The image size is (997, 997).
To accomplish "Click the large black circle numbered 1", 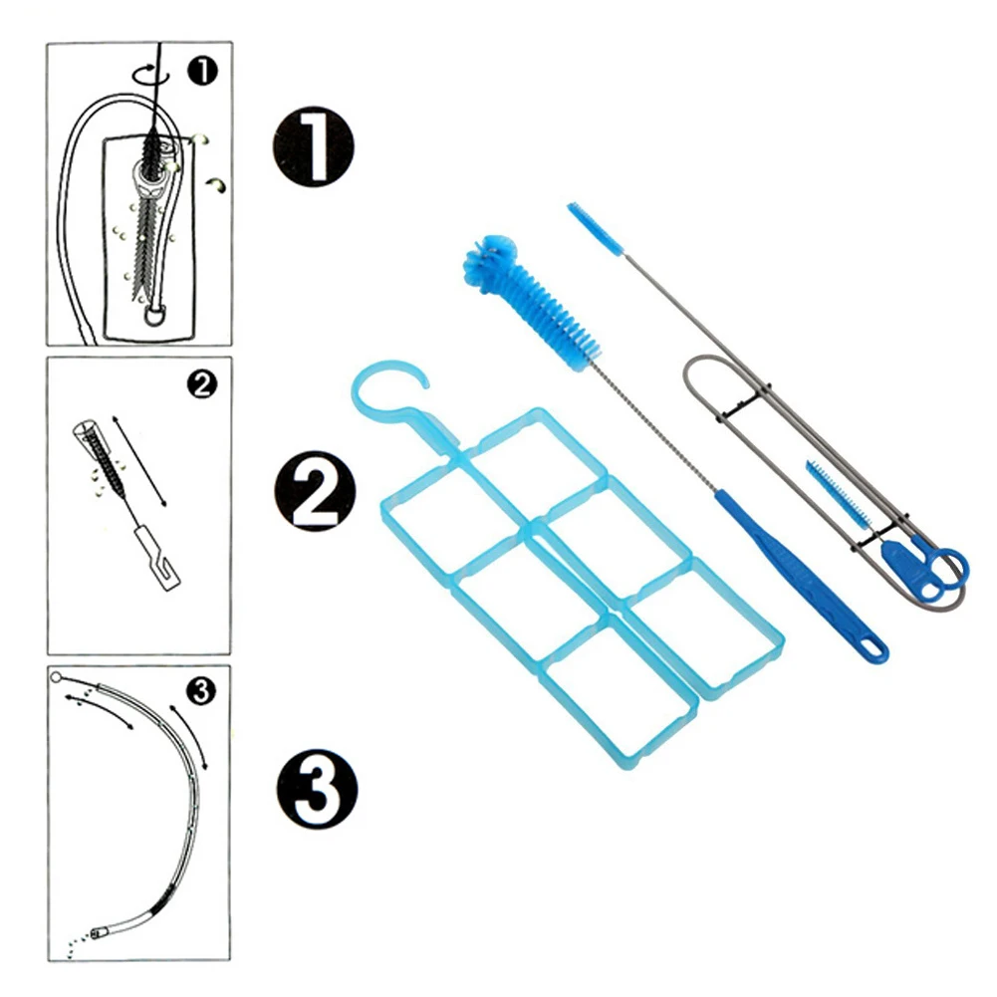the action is (x=313, y=146).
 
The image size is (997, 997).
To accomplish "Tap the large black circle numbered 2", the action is (x=315, y=491).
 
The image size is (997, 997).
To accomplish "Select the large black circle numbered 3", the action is (x=317, y=789).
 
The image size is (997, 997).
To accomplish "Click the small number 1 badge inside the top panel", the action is (x=203, y=72).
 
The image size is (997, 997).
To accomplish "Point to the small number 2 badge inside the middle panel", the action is (x=202, y=384).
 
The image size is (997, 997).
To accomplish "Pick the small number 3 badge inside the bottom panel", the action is (x=201, y=691).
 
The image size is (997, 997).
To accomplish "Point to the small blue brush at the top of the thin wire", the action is (x=596, y=228).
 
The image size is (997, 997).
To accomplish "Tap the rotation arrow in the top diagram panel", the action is (x=150, y=75).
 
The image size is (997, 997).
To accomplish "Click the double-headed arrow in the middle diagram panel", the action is (x=139, y=461).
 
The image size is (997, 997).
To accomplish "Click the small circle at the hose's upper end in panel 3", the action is (x=56, y=676).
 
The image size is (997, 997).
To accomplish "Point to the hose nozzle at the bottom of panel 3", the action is (x=98, y=933).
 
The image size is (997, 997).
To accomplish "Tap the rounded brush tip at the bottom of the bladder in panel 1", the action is (x=154, y=316).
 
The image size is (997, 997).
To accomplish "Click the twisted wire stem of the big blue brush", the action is (x=655, y=426).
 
